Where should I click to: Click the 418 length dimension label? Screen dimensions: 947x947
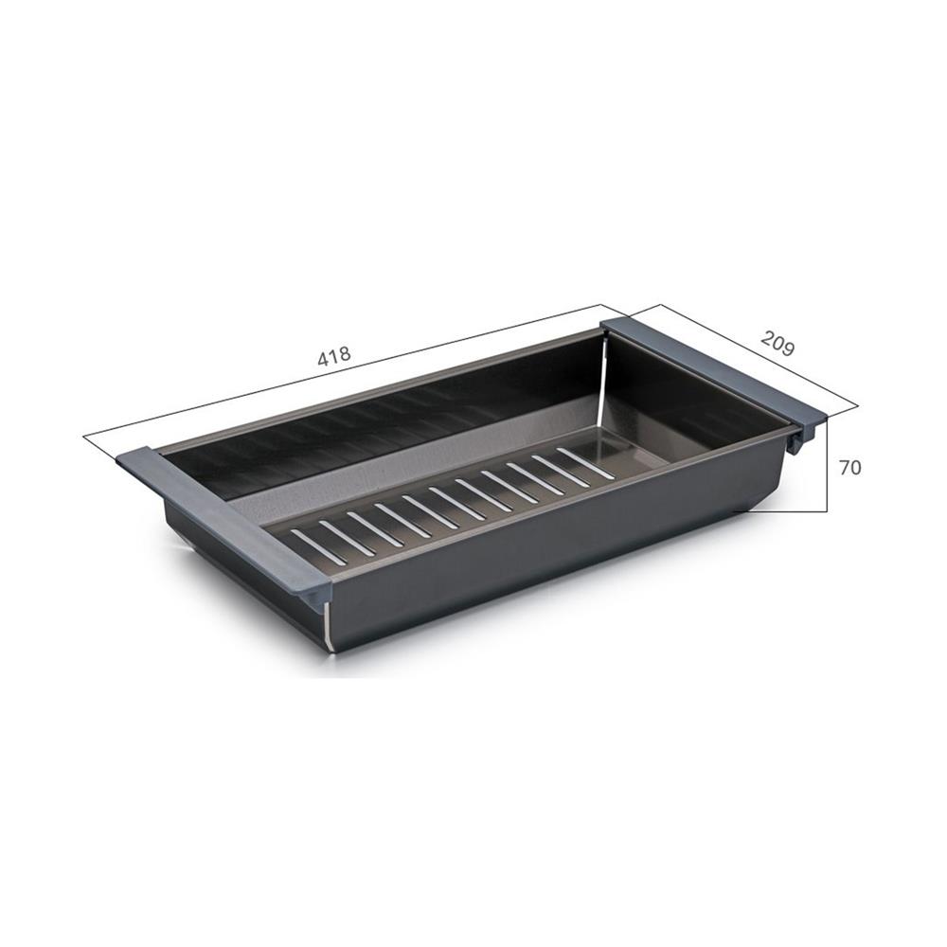[334, 357]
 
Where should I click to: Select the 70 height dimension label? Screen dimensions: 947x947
[849, 467]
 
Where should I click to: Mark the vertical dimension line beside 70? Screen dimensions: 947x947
[829, 464]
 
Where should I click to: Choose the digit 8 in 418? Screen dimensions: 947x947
[346, 354]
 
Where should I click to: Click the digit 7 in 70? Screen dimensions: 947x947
[843, 467]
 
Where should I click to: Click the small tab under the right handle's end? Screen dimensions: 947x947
[806, 437]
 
